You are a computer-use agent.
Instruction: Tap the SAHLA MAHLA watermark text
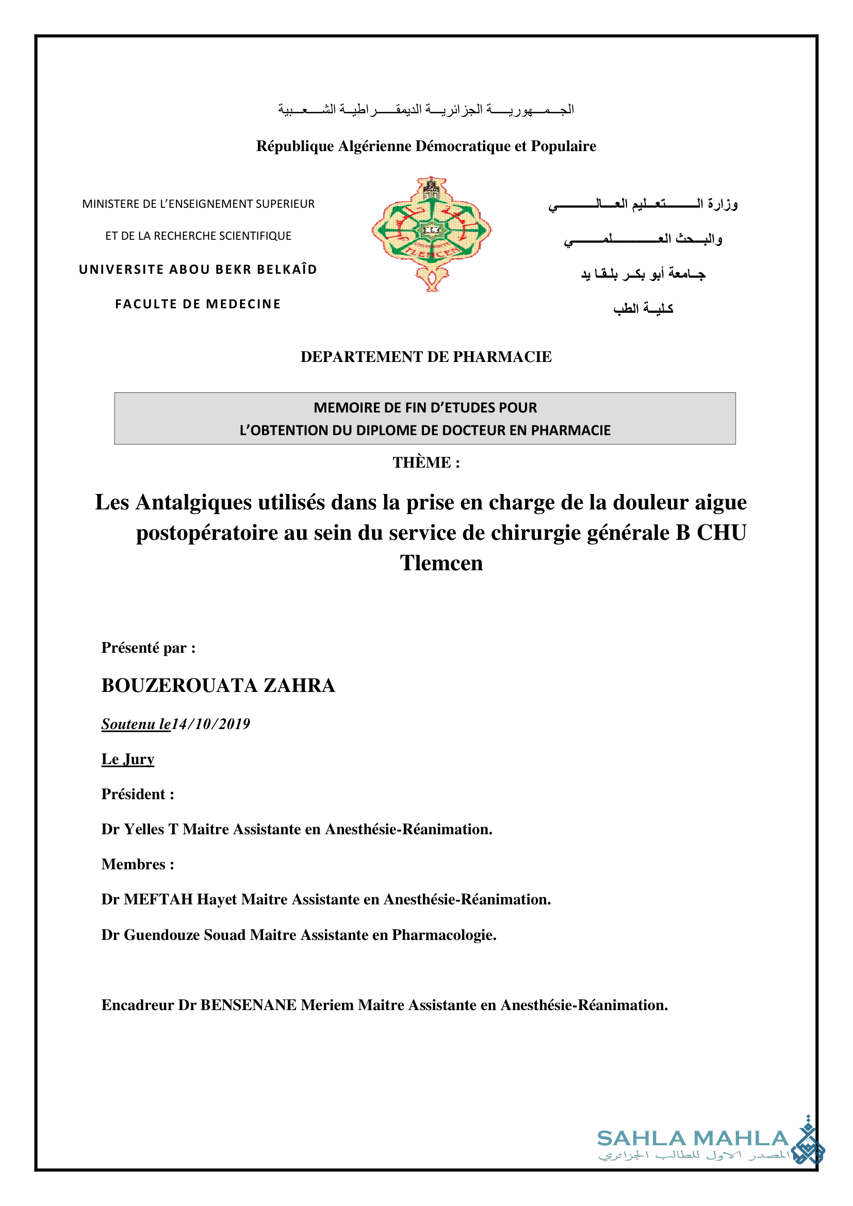(693, 1139)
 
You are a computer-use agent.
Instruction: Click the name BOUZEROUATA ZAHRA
(218, 685)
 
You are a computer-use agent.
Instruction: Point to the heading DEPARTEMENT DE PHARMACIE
(426, 357)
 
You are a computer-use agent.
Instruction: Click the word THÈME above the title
(421, 462)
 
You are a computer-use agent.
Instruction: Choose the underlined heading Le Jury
(127, 759)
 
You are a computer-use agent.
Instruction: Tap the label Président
(134, 794)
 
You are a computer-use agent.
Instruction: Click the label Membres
(134, 864)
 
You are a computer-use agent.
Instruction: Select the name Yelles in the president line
(144, 829)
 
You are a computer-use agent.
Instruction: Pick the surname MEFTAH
(158, 899)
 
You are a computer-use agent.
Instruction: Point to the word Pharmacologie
(444, 935)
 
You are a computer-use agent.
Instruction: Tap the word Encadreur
(138, 1005)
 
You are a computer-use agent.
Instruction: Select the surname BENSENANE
(249, 1005)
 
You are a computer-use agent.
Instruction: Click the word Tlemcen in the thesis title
(441, 563)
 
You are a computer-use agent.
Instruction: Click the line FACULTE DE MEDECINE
(198, 304)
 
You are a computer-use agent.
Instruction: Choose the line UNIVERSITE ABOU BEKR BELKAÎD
(198, 270)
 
